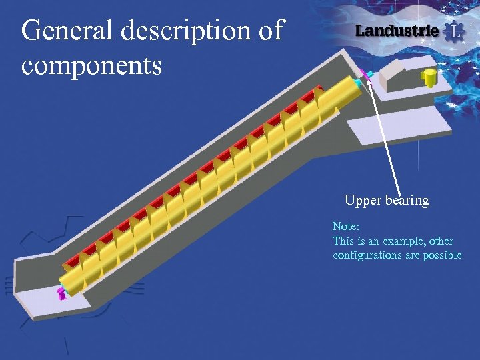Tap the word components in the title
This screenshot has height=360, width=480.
pyautogui.click(x=91, y=65)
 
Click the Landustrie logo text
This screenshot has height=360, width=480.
pyautogui.click(x=397, y=31)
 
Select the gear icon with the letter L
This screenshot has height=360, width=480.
pyautogui.click(x=453, y=31)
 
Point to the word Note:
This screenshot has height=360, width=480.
pyautogui.click(x=346, y=227)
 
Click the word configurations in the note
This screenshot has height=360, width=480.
pyautogui.click(x=367, y=255)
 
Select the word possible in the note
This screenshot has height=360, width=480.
pyautogui.click(x=442, y=255)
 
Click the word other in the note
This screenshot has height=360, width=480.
pyautogui.click(x=440, y=241)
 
